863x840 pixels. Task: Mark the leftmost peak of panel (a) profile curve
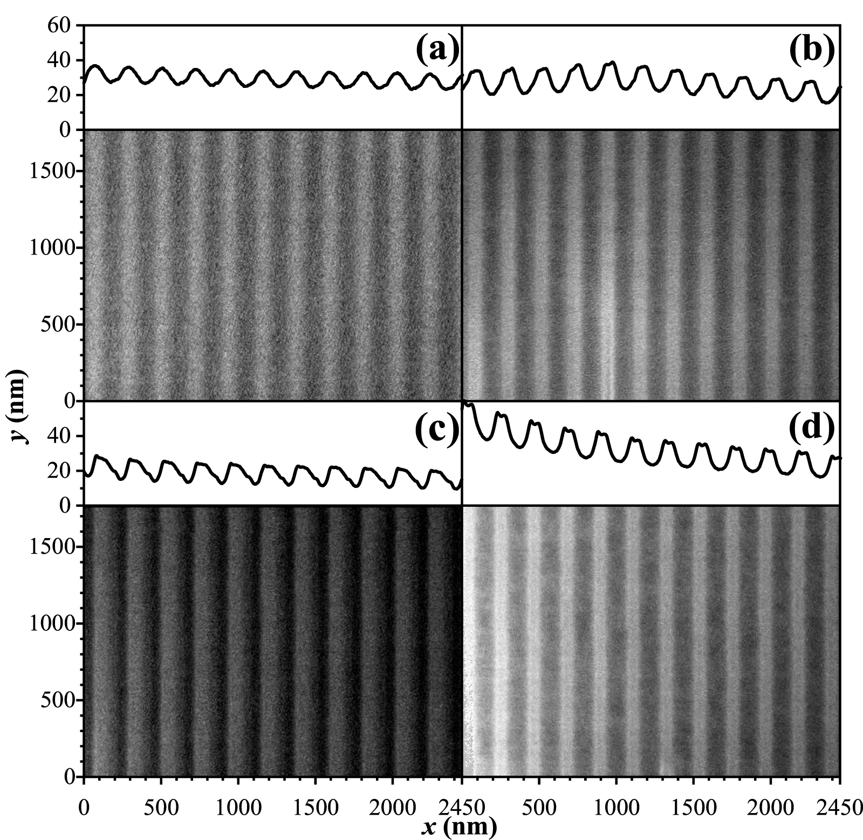95,66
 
